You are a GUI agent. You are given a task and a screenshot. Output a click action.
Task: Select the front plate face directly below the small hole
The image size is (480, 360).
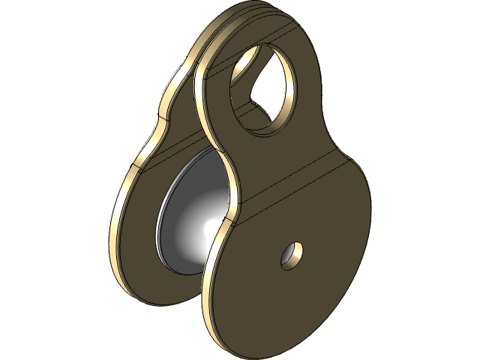[292, 300]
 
